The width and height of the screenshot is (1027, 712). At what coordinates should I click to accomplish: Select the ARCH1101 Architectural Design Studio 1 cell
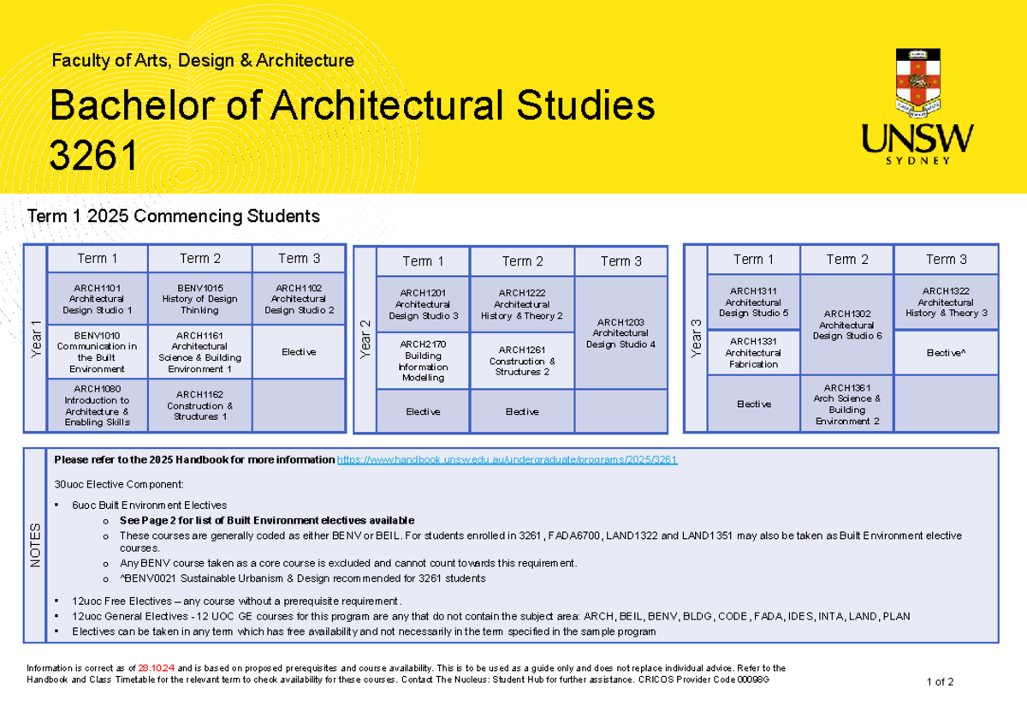click(98, 299)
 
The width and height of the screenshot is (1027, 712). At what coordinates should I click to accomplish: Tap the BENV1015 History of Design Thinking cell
click(199, 299)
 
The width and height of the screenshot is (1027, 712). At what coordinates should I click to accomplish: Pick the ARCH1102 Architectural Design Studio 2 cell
click(299, 299)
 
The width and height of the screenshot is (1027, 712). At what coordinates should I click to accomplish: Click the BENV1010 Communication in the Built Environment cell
click(98, 352)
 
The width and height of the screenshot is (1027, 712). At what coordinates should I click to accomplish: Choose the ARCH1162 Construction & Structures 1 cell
click(199, 405)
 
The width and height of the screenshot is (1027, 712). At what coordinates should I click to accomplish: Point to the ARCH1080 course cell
click(98, 405)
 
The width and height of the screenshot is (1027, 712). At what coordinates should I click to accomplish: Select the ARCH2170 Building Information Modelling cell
click(423, 361)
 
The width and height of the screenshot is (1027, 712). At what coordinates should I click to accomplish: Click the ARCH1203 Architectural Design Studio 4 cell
click(620, 332)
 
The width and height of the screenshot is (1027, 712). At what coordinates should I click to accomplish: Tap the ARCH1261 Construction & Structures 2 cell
click(522, 361)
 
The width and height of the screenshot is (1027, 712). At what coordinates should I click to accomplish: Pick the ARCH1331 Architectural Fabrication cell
click(754, 353)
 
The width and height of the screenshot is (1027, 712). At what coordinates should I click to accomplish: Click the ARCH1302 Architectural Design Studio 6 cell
click(846, 325)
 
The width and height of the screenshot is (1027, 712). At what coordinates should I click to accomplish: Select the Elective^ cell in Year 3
click(946, 352)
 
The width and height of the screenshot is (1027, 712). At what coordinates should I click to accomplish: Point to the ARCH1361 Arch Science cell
click(846, 404)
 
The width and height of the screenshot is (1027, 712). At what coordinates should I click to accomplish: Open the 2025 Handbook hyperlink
click(508, 460)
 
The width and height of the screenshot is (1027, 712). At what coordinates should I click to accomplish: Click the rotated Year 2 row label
click(365, 340)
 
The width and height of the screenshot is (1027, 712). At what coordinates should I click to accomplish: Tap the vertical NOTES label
click(35, 545)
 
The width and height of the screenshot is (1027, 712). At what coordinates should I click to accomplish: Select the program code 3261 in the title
click(94, 156)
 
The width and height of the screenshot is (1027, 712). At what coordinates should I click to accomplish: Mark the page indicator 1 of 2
click(940, 682)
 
